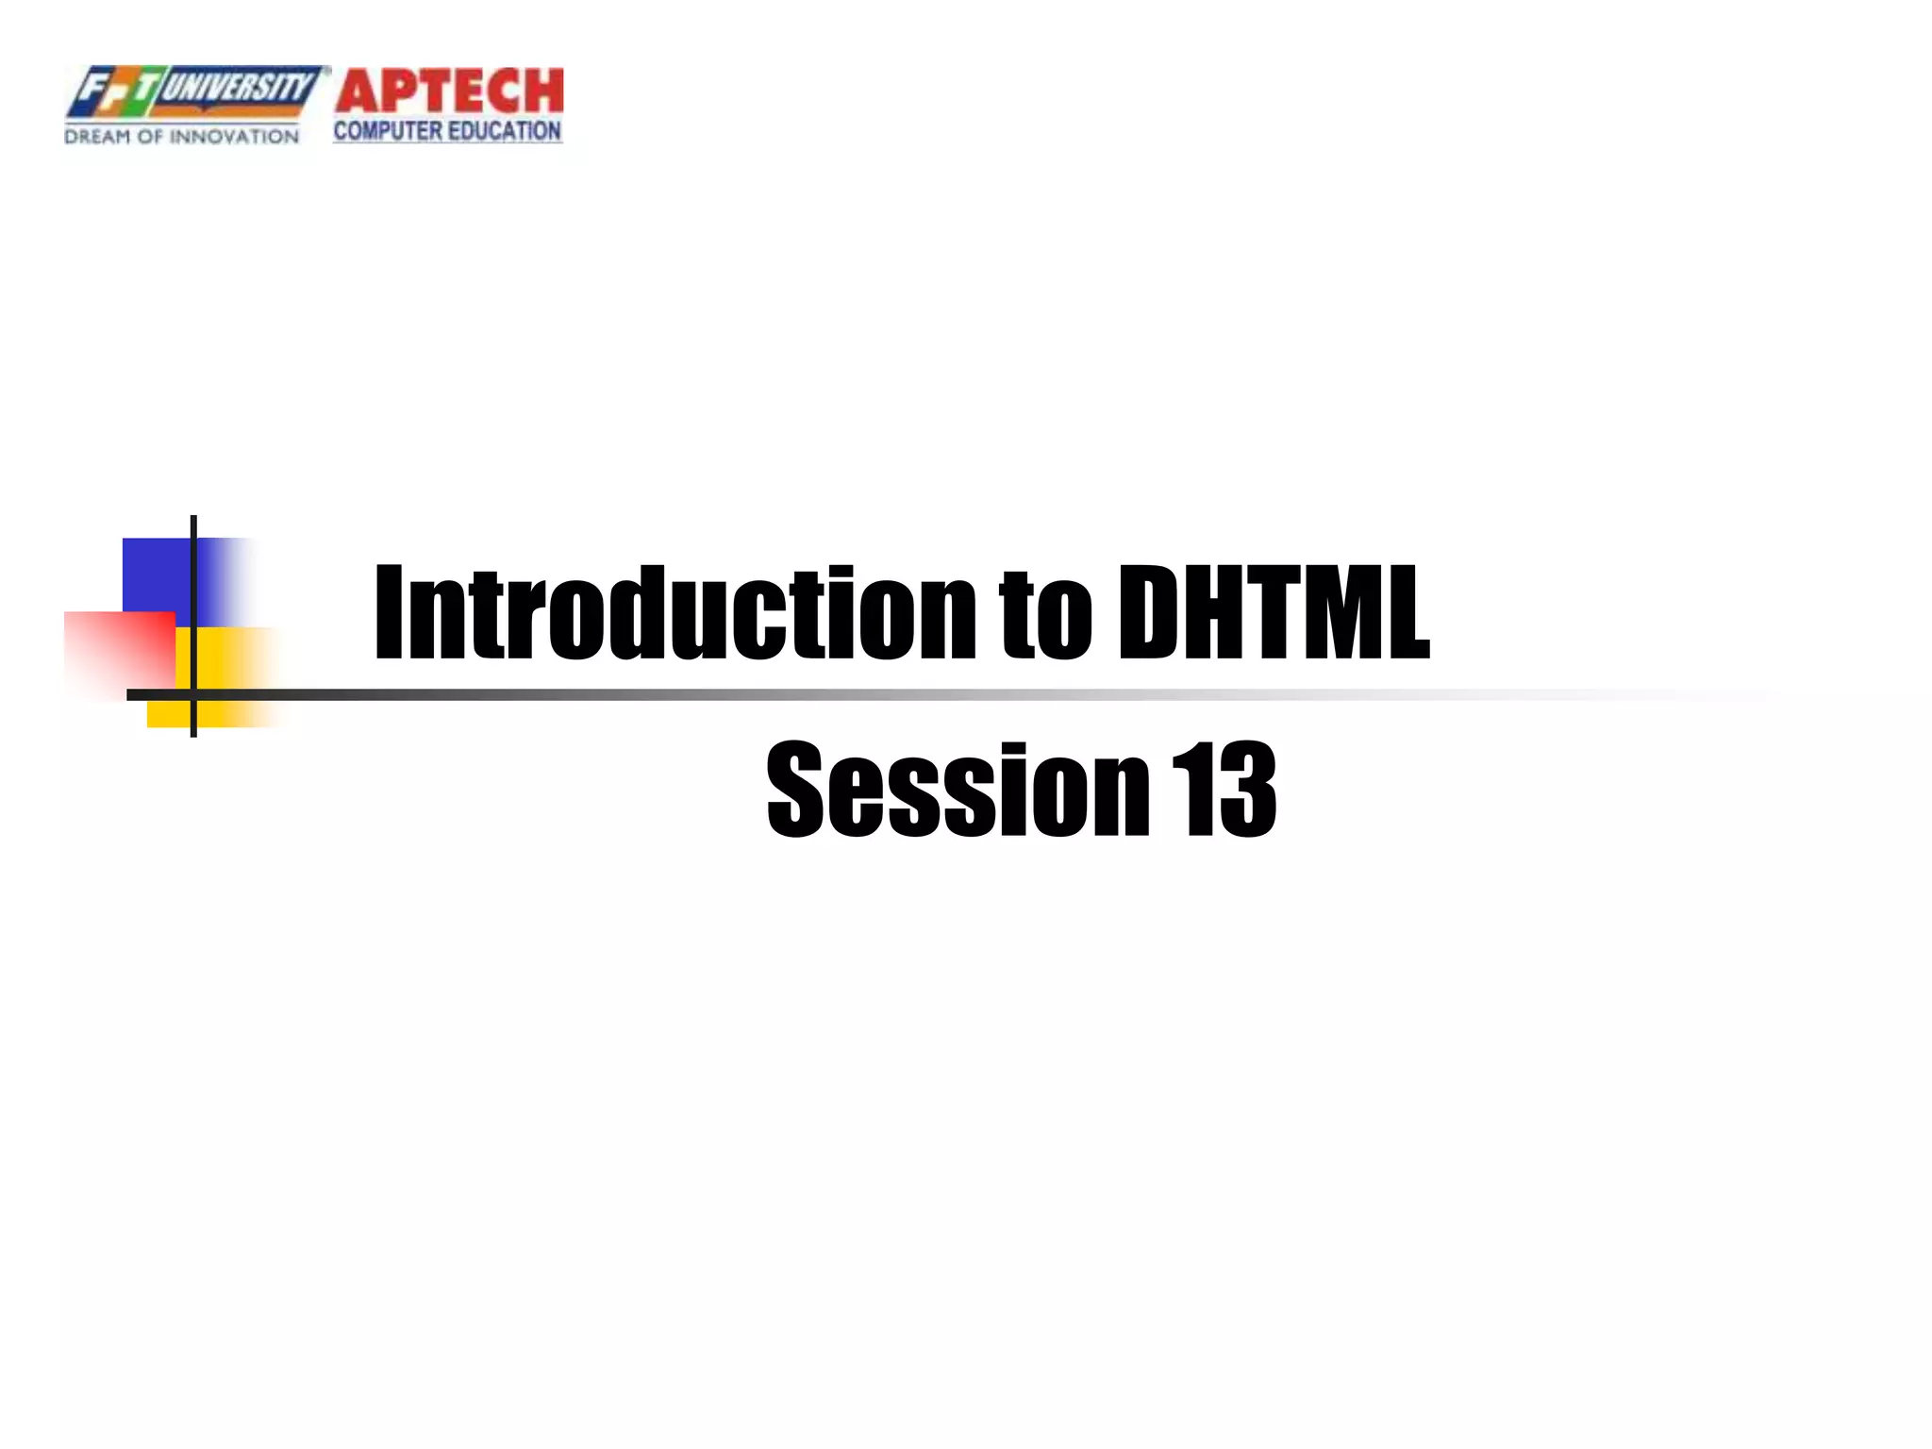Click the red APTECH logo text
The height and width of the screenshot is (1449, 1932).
tap(449, 92)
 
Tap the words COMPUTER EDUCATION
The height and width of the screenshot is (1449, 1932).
tap(447, 131)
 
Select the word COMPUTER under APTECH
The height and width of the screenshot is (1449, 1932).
tap(388, 131)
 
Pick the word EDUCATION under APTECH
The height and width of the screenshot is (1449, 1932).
tap(505, 131)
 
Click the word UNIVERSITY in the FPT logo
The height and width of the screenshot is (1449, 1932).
tap(238, 89)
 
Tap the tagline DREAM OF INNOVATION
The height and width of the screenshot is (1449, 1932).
tap(181, 137)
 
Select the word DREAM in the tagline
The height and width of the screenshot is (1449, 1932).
tap(97, 137)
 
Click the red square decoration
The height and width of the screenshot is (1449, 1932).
tap(119, 651)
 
